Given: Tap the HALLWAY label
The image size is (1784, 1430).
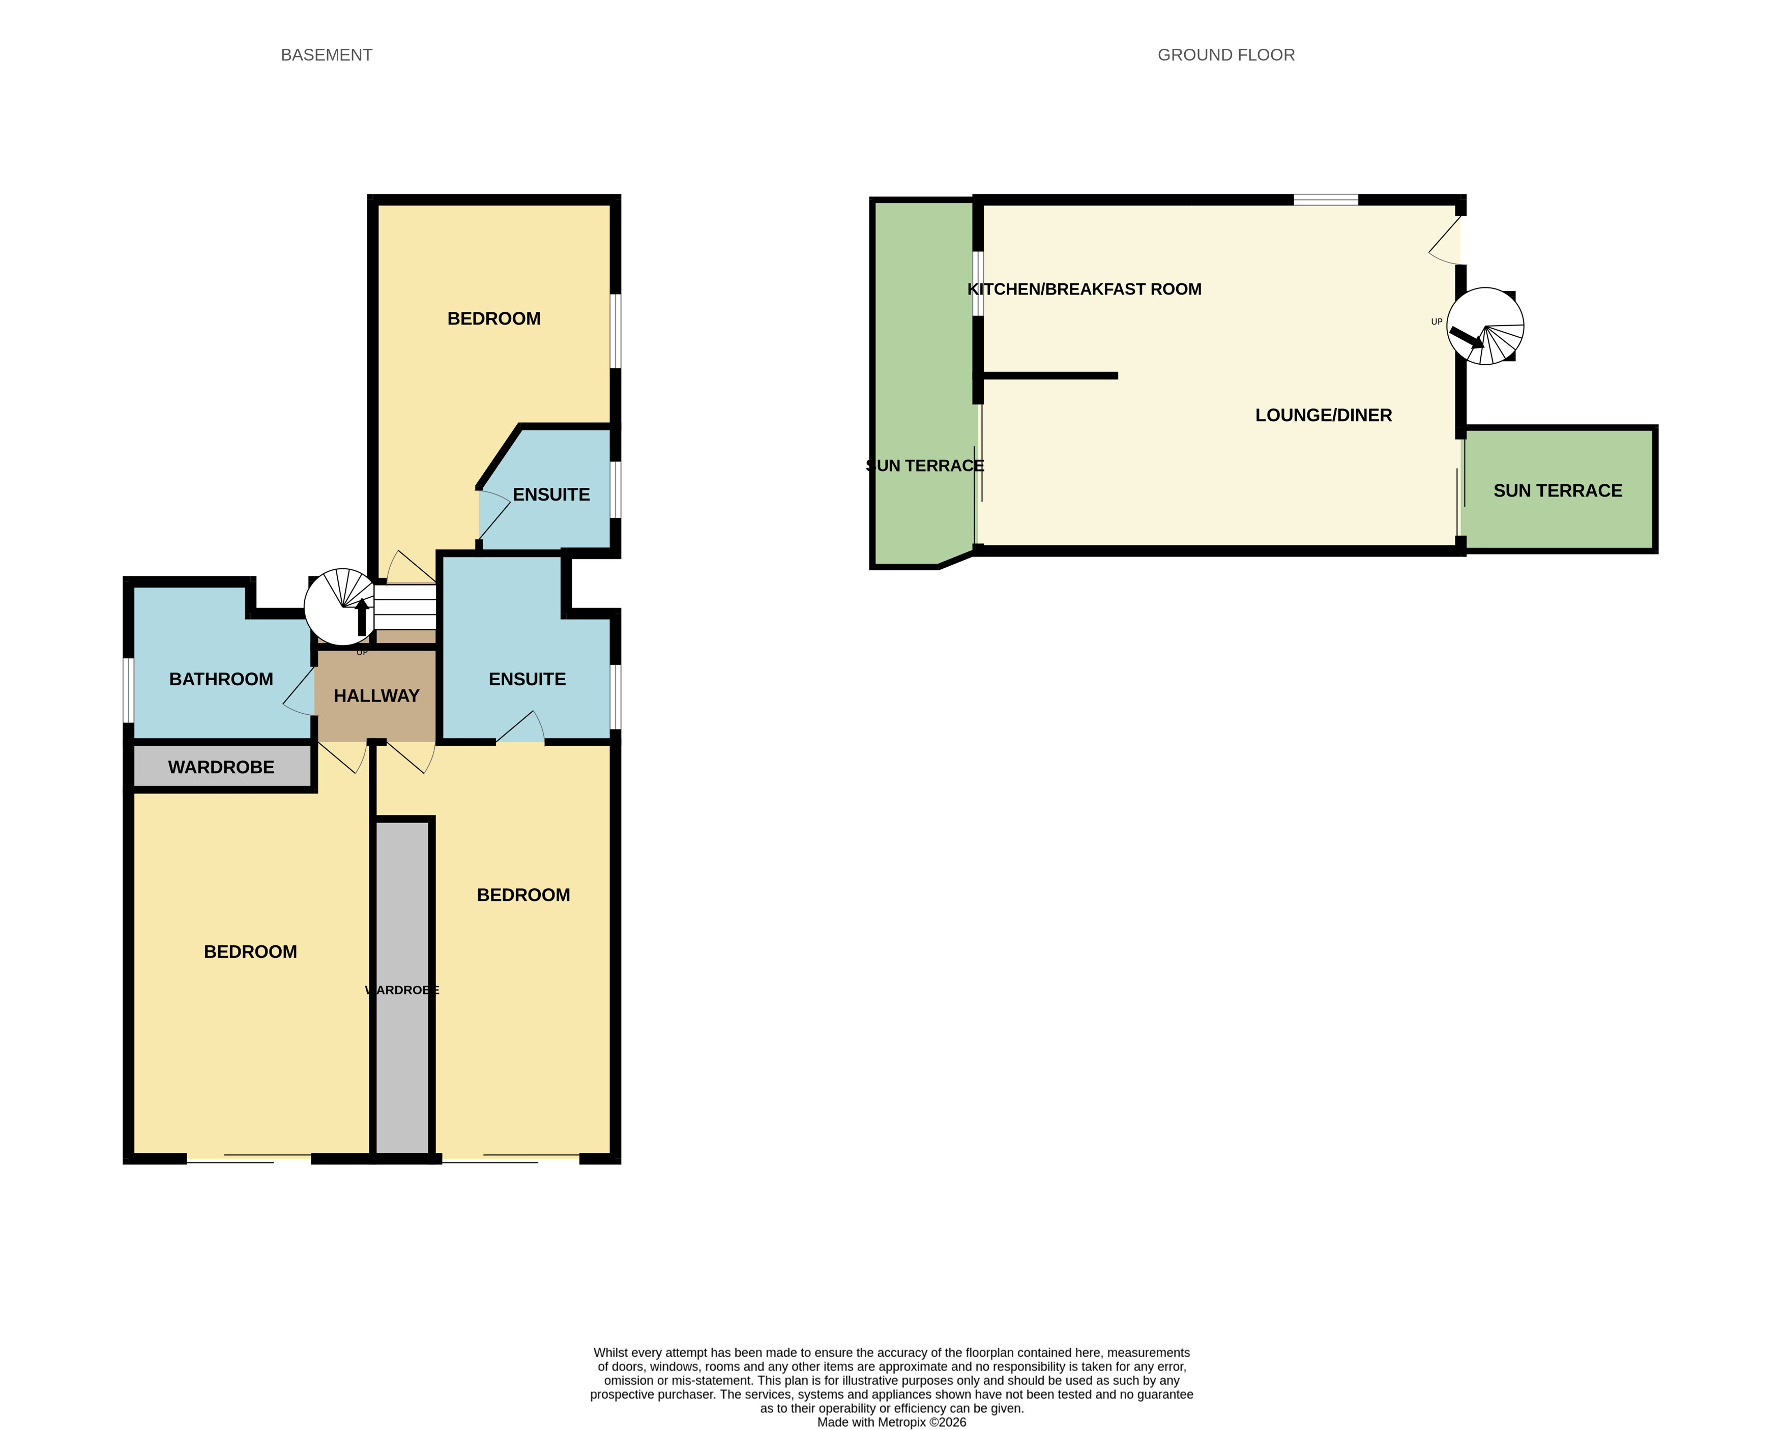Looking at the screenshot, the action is tap(376, 696).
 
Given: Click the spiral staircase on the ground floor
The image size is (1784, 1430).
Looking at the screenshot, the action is tap(1485, 326).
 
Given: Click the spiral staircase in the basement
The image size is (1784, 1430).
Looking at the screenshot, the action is tap(342, 606).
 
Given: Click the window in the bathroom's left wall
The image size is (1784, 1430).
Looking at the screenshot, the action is tap(128, 690).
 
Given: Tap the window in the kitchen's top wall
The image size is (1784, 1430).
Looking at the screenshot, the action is tap(1326, 199).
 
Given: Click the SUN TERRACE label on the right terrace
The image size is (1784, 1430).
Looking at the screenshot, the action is tap(1557, 491).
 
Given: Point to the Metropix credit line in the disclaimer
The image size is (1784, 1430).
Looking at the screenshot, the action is tap(891, 1422).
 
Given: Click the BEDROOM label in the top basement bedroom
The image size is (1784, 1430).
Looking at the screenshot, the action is tap(494, 318).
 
